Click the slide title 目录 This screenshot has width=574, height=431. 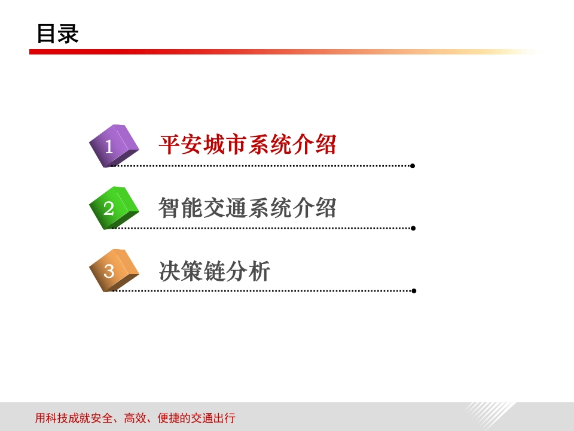point(58,34)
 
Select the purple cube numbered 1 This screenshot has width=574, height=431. point(114,146)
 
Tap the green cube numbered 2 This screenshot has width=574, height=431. point(114,208)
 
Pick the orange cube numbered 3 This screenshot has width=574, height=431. point(114,271)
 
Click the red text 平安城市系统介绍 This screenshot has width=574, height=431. point(248,144)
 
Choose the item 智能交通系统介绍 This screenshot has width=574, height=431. point(248,208)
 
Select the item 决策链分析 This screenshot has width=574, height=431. point(215,271)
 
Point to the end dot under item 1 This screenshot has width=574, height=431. point(413,166)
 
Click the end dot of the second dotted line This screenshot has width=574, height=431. point(413,228)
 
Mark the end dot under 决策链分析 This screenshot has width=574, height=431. point(414,291)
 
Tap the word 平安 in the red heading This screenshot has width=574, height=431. point(181,144)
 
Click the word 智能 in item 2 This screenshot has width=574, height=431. point(181,208)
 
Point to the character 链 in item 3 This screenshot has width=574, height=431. point(215,271)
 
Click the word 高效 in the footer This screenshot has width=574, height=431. point(135,418)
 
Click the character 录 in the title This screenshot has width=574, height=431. point(68,34)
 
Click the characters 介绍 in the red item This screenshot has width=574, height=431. point(314,144)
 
